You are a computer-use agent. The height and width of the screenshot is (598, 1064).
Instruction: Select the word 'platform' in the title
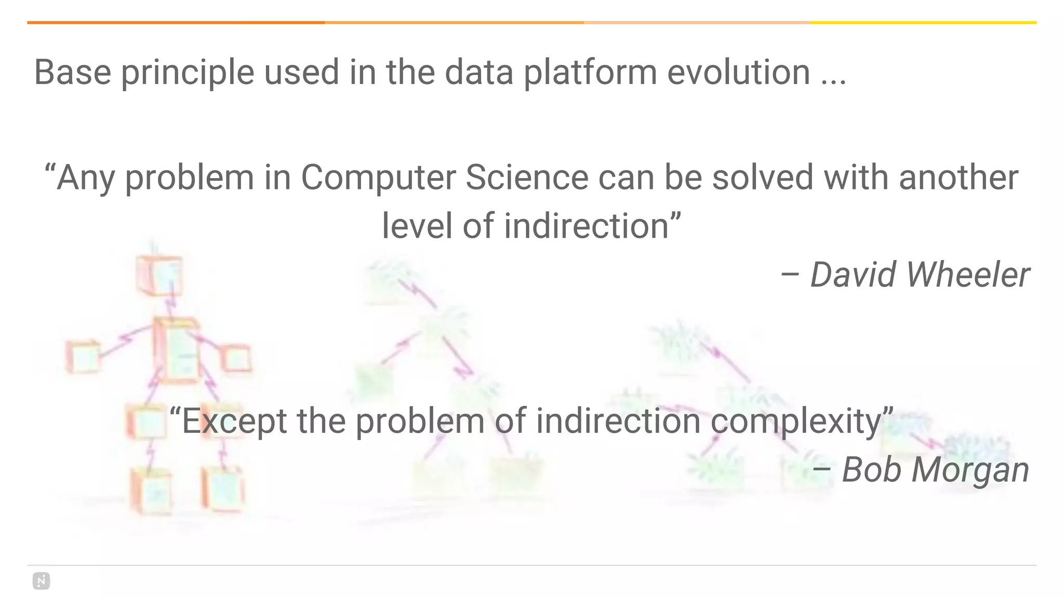590,73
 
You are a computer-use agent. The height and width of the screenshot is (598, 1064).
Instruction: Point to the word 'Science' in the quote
526,178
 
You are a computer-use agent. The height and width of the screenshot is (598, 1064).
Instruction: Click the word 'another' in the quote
958,178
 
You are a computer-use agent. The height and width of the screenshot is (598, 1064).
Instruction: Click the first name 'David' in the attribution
853,275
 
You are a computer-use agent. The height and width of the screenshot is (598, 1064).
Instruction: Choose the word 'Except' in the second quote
234,421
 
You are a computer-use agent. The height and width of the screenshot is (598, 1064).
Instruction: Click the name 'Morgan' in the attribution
970,470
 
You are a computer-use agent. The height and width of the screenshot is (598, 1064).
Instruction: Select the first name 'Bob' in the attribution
871,470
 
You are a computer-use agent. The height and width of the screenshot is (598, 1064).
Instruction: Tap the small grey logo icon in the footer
42,581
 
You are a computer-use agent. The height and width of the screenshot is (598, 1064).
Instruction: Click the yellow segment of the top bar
923,23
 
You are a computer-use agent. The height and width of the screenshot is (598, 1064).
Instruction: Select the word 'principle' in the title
188,73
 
